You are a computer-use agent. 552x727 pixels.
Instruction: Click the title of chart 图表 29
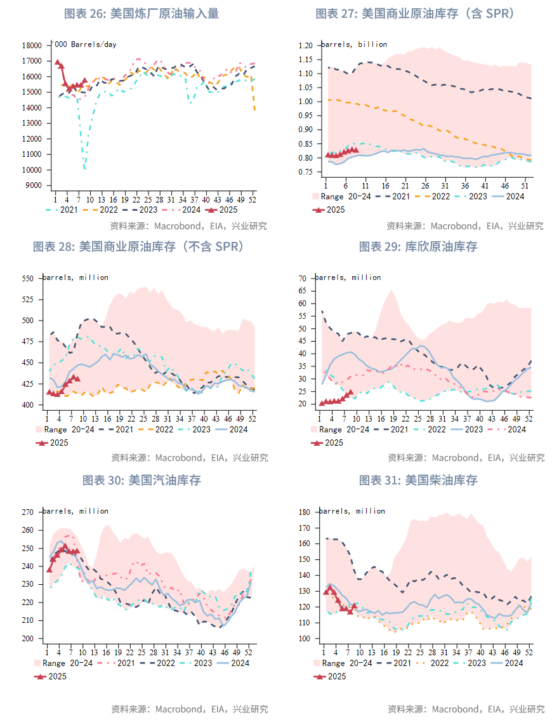pyautogui.click(x=418, y=246)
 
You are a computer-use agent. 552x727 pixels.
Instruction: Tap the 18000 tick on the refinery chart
pyautogui.click(x=31, y=46)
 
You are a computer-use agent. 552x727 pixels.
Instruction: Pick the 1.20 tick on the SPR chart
pyautogui.click(x=305, y=46)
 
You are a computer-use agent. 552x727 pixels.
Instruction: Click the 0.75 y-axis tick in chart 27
pyautogui.click(x=305, y=172)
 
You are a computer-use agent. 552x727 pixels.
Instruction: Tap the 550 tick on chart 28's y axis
pyautogui.click(x=27, y=278)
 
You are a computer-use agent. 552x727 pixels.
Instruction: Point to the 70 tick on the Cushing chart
pyautogui.click(x=302, y=278)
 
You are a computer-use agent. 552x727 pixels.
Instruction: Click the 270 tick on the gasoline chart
pyautogui.click(x=27, y=512)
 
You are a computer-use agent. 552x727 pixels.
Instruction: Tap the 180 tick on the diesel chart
pyautogui.click(x=303, y=512)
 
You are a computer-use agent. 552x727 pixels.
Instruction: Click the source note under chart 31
pyautogui.click(x=466, y=709)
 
